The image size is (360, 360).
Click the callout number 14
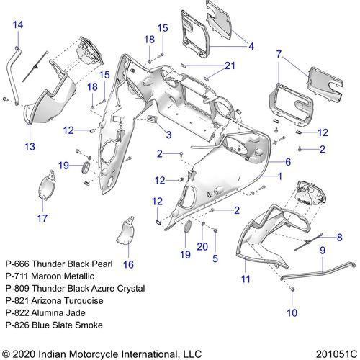(18, 25)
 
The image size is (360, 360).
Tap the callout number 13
(30, 146)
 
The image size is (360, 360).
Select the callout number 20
(202, 246)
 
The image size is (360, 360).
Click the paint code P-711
(17, 276)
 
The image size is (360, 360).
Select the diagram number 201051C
(336, 354)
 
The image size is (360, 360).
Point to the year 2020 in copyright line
(24, 354)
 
